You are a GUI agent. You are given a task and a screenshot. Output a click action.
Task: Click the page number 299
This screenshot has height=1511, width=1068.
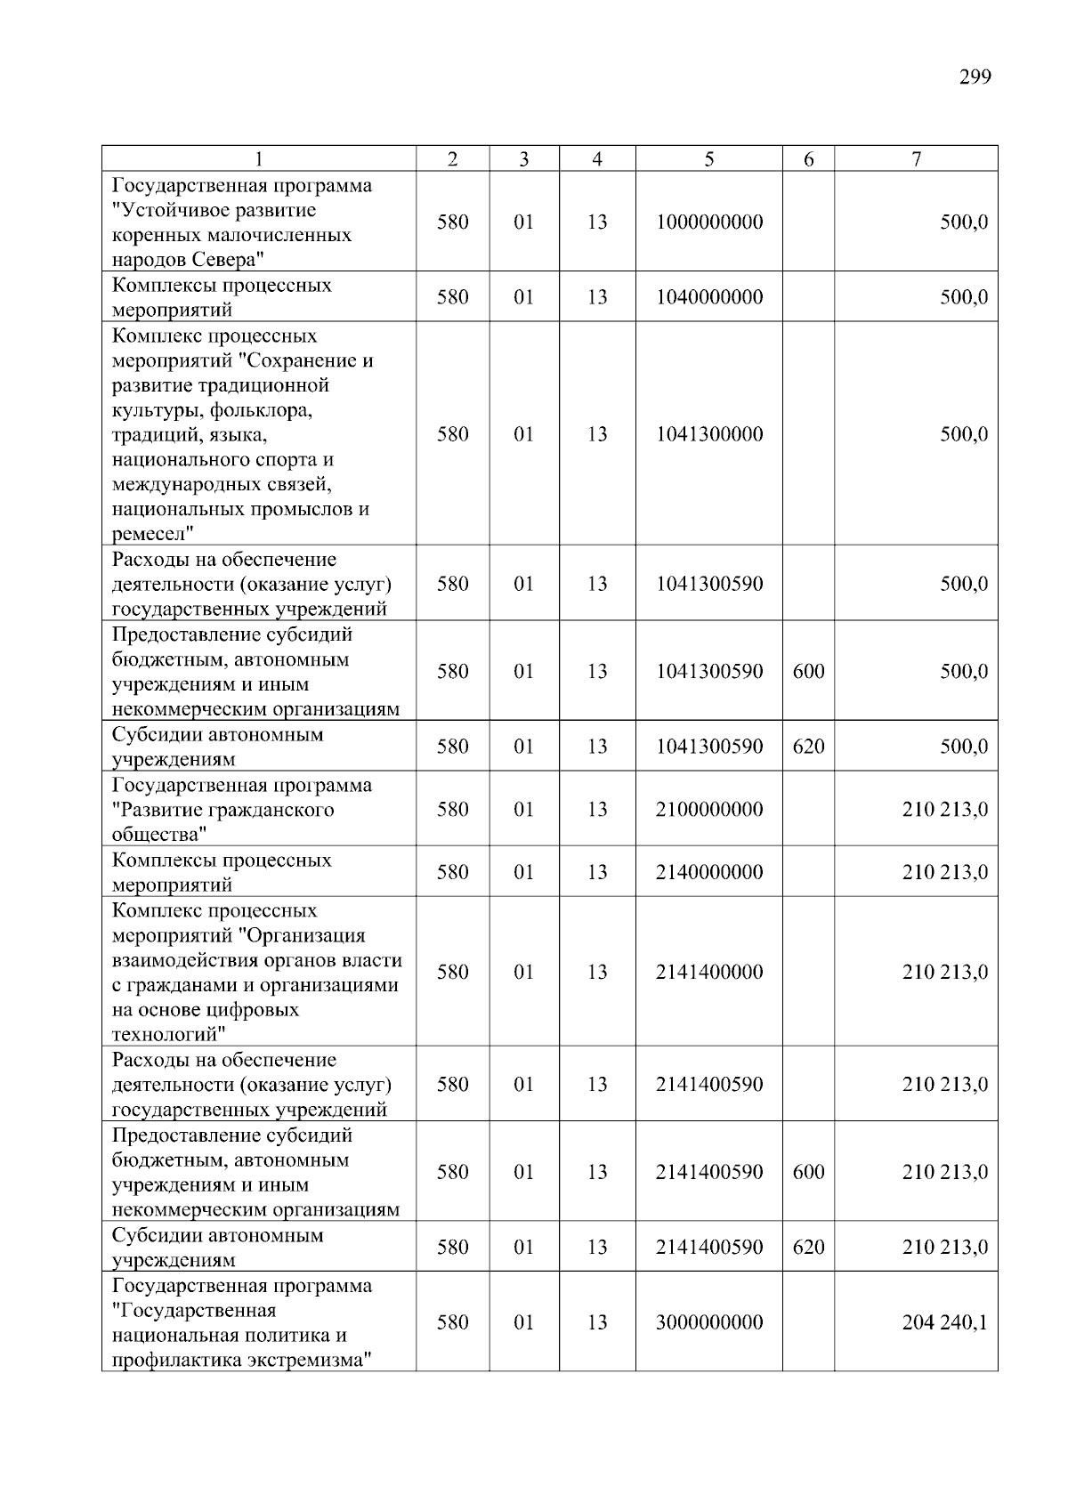click(975, 77)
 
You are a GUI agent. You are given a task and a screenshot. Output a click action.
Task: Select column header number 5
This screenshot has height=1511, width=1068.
click(708, 159)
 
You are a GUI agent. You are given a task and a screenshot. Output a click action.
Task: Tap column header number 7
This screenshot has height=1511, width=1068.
click(916, 159)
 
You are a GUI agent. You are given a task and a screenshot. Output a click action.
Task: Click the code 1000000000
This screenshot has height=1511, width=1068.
click(708, 222)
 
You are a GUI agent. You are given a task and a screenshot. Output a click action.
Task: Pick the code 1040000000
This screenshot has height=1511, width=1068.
click(708, 297)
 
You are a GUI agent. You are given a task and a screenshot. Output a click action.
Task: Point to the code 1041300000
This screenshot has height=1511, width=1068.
click(708, 434)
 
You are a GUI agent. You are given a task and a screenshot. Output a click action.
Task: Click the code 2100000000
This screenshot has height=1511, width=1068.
click(708, 810)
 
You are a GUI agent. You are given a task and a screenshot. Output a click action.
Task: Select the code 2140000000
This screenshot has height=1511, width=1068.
click(708, 872)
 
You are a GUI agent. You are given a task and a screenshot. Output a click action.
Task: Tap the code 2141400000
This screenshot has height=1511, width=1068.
click(708, 972)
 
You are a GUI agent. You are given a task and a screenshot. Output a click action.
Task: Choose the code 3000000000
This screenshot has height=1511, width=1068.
click(708, 1322)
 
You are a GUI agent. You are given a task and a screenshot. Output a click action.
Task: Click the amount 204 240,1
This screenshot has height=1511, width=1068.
click(944, 1322)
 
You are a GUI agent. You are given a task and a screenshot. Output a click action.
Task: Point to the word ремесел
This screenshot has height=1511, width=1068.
click(150, 535)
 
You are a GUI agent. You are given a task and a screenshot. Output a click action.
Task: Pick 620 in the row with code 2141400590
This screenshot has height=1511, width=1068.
click(808, 1248)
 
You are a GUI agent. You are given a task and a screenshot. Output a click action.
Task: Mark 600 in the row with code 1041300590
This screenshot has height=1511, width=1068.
click(808, 672)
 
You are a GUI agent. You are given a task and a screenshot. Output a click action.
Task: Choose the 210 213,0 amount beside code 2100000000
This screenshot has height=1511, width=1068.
click(944, 810)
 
